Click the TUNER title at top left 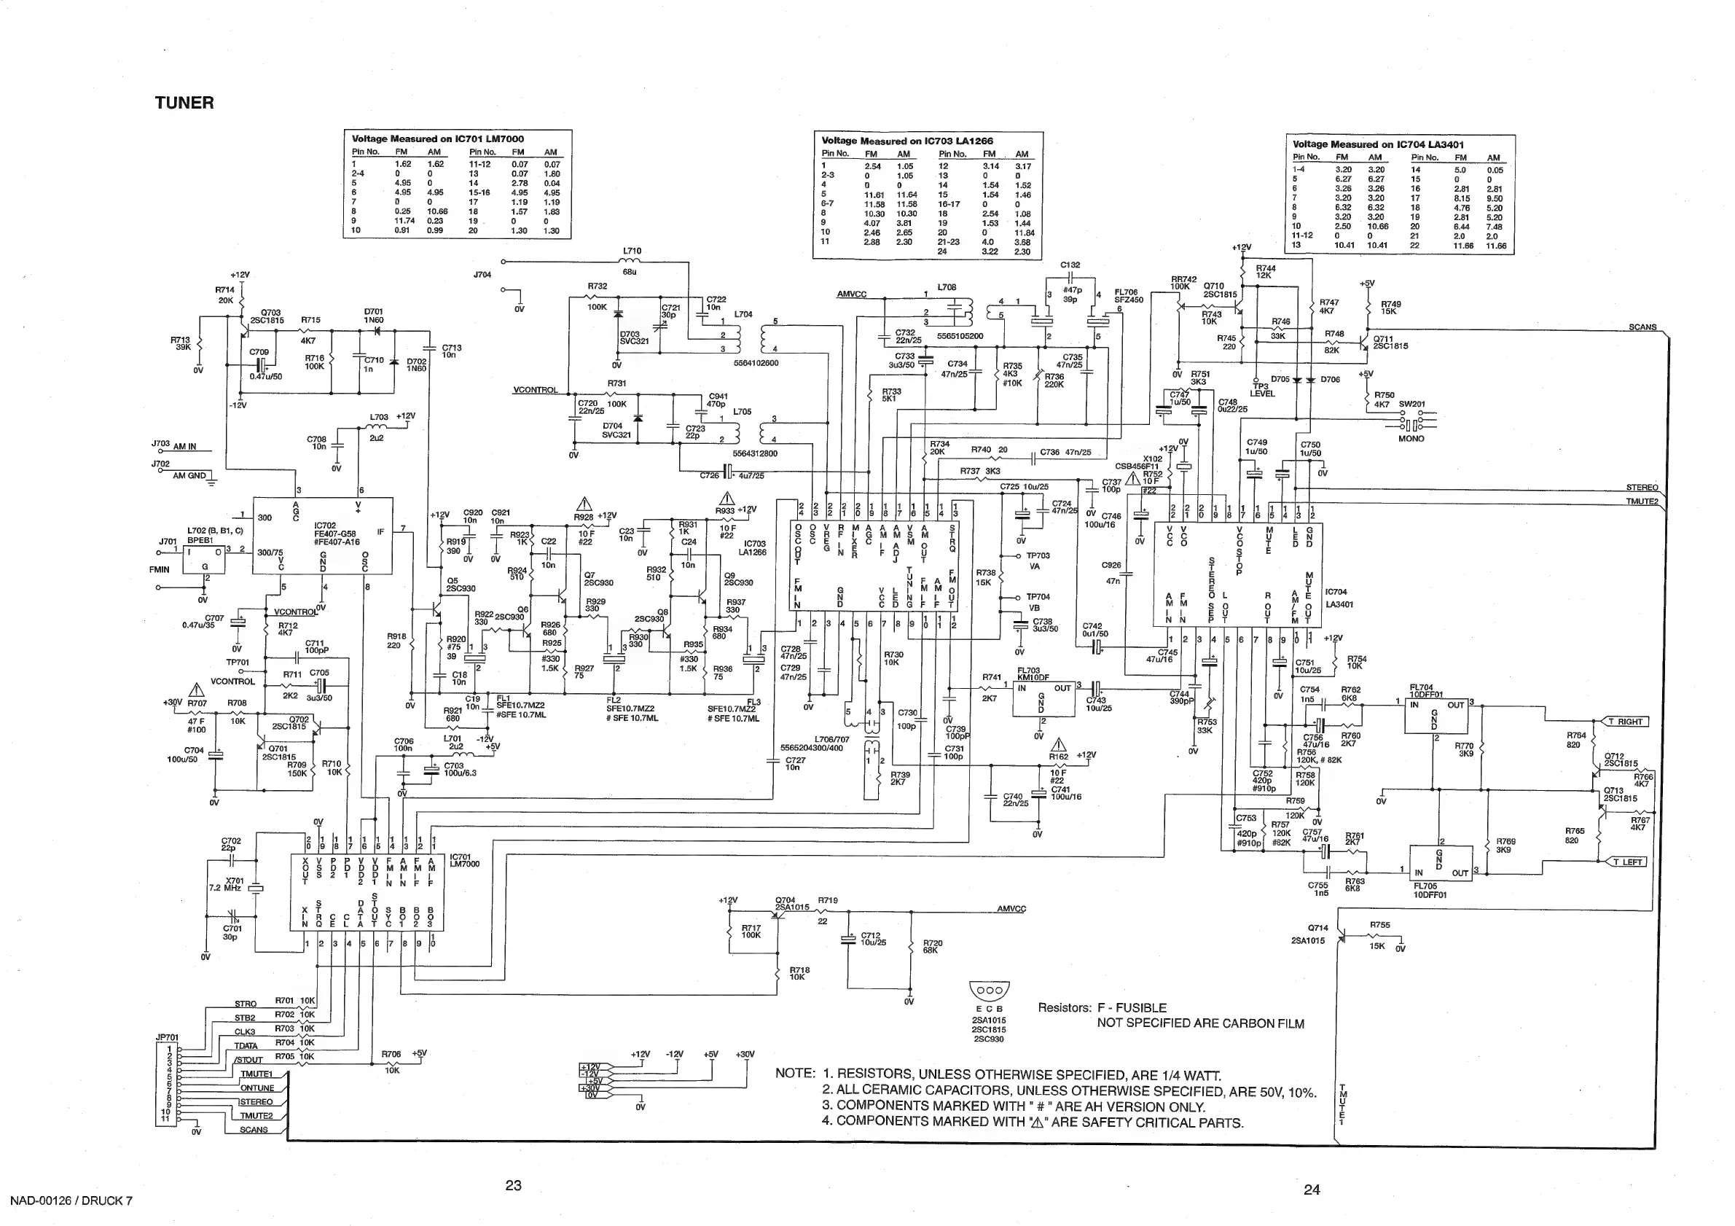[184, 103]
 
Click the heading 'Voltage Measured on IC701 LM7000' [437, 138]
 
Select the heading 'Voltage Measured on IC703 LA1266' [906, 141]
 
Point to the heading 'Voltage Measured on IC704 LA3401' [1377, 144]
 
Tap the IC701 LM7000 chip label [464, 860]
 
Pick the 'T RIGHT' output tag [1629, 721]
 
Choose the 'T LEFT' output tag [1629, 862]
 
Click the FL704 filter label [1426, 691]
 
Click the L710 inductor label [632, 251]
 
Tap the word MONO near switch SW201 [1411, 438]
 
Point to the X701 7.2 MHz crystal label [235, 884]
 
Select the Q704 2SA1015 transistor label [791, 903]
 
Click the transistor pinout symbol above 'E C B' [989, 990]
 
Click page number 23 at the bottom [513, 1185]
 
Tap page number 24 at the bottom [1311, 1190]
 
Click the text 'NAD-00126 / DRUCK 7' [71, 1201]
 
